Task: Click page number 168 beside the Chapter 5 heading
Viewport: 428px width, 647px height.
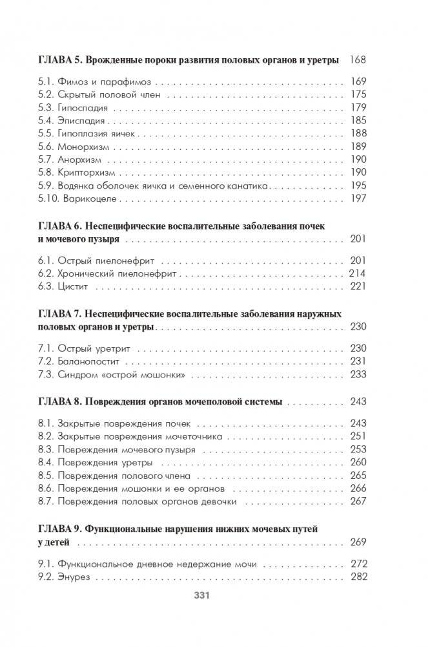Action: (357, 60)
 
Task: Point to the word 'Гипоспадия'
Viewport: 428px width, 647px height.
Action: (83, 107)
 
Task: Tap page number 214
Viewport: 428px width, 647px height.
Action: (357, 274)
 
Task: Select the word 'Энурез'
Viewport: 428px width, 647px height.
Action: (72, 577)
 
